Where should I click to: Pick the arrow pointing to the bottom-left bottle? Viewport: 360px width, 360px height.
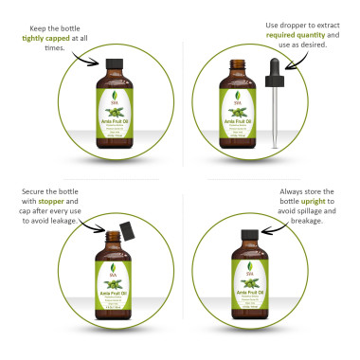click(x=93, y=224)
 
